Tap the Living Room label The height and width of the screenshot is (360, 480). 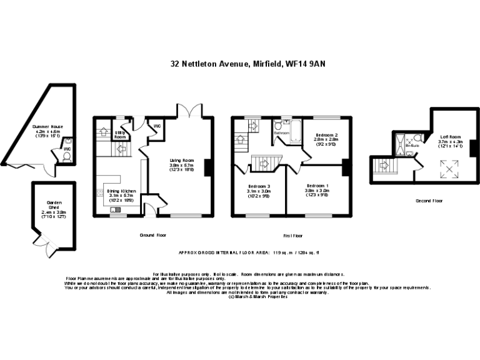click(x=182, y=161)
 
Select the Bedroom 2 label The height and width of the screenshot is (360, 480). click(x=326, y=135)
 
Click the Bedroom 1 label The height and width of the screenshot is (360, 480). click(x=317, y=186)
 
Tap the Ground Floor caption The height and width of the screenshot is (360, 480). click(x=153, y=236)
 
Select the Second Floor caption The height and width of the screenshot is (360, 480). click(x=429, y=201)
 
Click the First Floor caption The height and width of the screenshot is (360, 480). click(x=293, y=236)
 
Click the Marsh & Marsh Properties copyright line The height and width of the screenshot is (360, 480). click(x=257, y=297)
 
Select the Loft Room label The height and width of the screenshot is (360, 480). click(x=450, y=136)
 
